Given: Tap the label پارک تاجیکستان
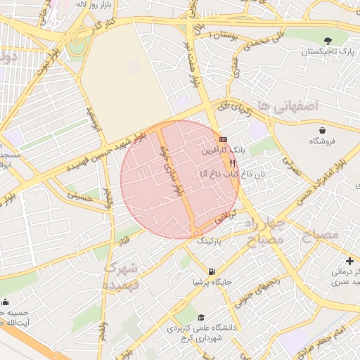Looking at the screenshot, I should (x=328, y=53).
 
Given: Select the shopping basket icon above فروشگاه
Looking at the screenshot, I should (x=322, y=130).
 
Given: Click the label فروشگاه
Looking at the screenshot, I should (x=323, y=141).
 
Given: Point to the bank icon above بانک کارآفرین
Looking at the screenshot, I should (x=224, y=139).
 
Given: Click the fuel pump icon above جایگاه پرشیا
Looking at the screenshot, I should (x=211, y=271).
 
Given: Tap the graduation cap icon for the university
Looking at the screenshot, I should (x=202, y=317).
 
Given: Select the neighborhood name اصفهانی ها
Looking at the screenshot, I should (x=288, y=105).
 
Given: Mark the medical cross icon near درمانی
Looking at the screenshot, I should (x=350, y=261).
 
